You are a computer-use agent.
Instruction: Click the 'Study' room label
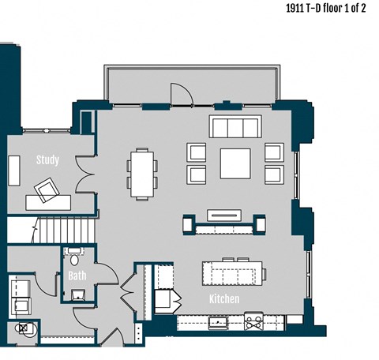[x=47, y=159]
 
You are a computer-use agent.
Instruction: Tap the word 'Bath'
[x=77, y=276]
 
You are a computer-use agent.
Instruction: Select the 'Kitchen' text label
[x=224, y=299]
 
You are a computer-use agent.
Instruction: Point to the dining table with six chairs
[x=143, y=173]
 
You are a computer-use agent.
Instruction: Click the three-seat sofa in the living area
[x=235, y=127]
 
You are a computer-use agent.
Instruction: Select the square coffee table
[x=235, y=163]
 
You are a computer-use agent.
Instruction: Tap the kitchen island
[x=234, y=272]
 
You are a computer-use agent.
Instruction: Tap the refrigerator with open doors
[x=165, y=301]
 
